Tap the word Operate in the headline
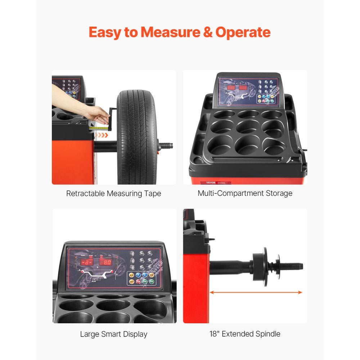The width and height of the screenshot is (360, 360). click(x=243, y=32)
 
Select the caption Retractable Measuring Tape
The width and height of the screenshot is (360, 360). click(x=114, y=194)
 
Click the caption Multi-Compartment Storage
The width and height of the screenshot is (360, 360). click(x=245, y=193)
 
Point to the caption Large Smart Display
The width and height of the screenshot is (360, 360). click(x=114, y=334)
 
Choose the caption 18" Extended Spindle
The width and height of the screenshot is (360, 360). click(x=245, y=334)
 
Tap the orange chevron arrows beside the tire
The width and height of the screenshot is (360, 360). click(x=103, y=135)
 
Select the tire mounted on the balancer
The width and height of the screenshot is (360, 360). click(x=136, y=137)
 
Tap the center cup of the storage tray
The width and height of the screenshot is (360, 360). click(x=248, y=126)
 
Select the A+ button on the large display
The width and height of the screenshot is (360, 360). click(x=141, y=253)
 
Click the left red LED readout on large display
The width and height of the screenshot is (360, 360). click(x=87, y=262)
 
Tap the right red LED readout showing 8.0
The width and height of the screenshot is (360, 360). click(x=105, y=262)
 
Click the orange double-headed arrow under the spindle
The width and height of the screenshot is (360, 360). click(x=256, y=292)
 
